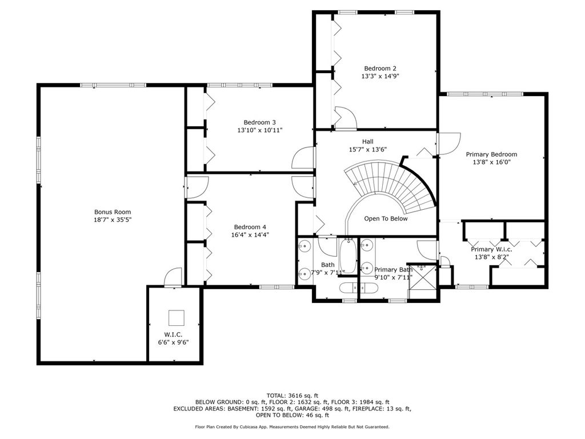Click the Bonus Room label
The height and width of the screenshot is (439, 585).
(x=113, y=212)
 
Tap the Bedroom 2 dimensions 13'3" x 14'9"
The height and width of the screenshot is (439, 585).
(x=380, y=76)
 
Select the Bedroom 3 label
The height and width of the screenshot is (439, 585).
(x=260, y=122)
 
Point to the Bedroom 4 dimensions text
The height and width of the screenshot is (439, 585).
(x=250, y=235)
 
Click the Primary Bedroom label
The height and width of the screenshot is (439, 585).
(x=491, y=154)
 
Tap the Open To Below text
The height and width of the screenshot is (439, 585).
(x=386, y=219)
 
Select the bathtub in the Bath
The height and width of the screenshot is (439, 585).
(x=348, y=256)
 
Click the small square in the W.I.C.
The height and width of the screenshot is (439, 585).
(x=176, y=318)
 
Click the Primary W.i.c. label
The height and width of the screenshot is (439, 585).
(x=491, y=249)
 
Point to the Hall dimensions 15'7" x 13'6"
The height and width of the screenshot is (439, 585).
(x=367, y=149)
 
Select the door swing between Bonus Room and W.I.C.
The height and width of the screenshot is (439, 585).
(x=173, y=277)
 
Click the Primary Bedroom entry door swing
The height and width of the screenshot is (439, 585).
(x=449, y=143)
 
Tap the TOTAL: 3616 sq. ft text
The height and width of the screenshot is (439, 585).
(x=292, y=396)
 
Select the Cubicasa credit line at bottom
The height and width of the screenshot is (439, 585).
(x=292, y=426)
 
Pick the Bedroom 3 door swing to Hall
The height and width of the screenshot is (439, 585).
(x=303, y=158)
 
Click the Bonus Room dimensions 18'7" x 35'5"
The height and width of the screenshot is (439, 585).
(x=113, y=220)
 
